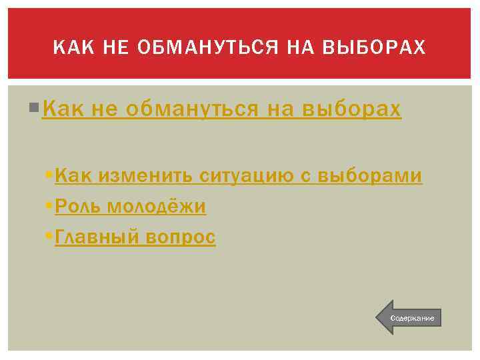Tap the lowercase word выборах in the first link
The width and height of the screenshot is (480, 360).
click(352, 109)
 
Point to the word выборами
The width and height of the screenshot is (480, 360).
click(370, 175)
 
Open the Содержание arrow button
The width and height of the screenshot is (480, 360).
click(409, 317)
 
